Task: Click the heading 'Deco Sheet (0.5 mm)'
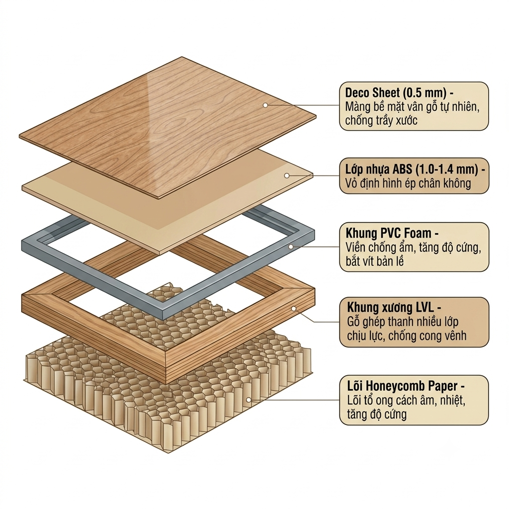[396, 93]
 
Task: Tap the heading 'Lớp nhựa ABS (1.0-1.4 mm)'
[412, 169]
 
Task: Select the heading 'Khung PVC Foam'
[388, 233]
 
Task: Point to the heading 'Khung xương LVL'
[390, 307]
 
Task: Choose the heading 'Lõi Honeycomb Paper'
[402, 386]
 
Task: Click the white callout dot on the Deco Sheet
[265, 105]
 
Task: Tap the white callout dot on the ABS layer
[287, 175]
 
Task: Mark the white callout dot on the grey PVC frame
[291, 247]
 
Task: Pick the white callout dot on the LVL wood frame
[293, 309]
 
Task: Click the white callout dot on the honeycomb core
[249, 400]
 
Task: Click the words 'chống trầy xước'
[381, 120]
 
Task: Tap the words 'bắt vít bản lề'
[375, 261]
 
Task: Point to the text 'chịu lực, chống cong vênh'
[407, 336]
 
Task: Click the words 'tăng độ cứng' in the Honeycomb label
[377, 414]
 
